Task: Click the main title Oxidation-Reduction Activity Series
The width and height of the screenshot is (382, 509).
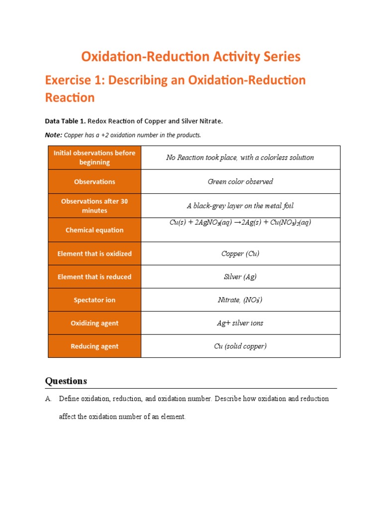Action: (191, 57)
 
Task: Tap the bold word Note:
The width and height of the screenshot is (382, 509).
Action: (54, 135)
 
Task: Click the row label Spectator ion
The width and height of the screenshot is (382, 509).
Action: (95, 300)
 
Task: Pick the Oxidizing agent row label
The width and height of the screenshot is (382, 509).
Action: (95, 323)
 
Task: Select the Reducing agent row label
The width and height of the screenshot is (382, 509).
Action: (95, 346)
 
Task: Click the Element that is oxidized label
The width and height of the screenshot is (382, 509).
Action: (95, 254)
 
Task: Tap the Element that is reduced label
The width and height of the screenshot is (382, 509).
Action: (95, 277)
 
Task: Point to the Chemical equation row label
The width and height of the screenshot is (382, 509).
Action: (95, 230)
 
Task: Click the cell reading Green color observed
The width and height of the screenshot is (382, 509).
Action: (240, 181)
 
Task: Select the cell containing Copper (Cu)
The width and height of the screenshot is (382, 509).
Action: (240, 254)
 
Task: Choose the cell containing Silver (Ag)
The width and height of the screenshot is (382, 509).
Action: (240, 277)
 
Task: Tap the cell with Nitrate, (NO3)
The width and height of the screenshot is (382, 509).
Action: (240, 300)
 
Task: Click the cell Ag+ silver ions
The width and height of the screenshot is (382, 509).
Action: (240, 323)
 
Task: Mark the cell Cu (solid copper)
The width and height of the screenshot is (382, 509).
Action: (240, 346)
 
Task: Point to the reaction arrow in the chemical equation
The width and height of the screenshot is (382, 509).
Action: (238, 223)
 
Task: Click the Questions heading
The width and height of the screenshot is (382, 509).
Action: (66, 381)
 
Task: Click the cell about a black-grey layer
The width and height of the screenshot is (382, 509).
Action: (240, 206)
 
